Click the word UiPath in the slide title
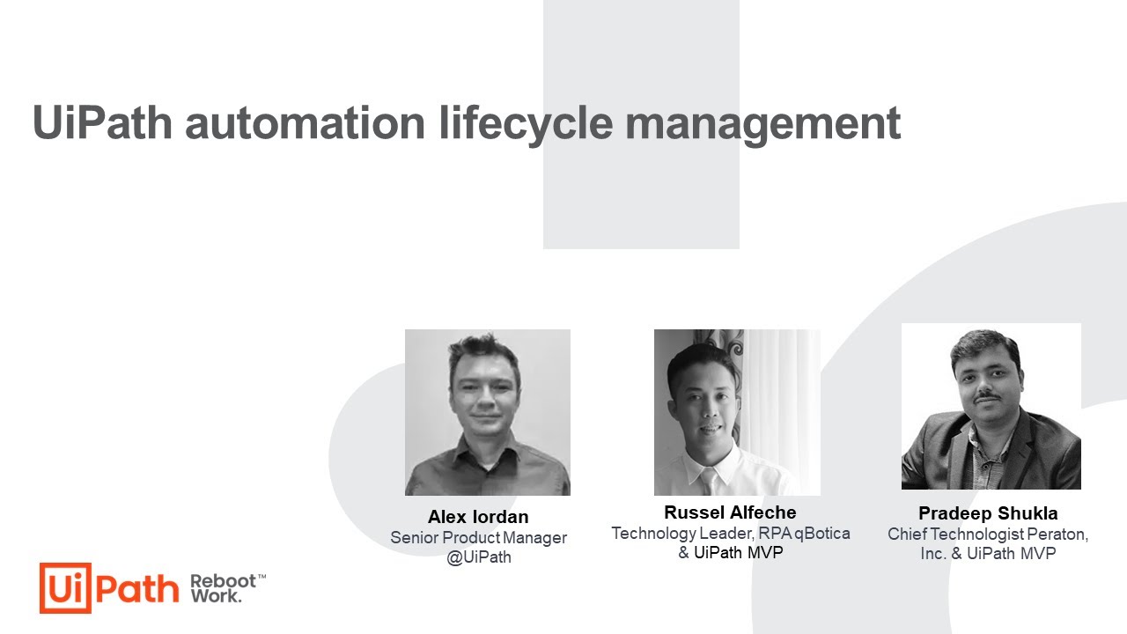102,123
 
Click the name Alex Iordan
478,517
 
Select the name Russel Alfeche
730,512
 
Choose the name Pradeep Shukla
988,513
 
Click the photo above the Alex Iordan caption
488,412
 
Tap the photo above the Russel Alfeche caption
737,412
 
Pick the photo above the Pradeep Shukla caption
991,406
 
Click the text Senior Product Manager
478,538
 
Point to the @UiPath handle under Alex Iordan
479,557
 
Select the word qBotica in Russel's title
822,534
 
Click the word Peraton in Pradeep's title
1056,534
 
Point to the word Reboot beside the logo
223,582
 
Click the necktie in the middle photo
708,481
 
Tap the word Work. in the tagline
216,597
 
